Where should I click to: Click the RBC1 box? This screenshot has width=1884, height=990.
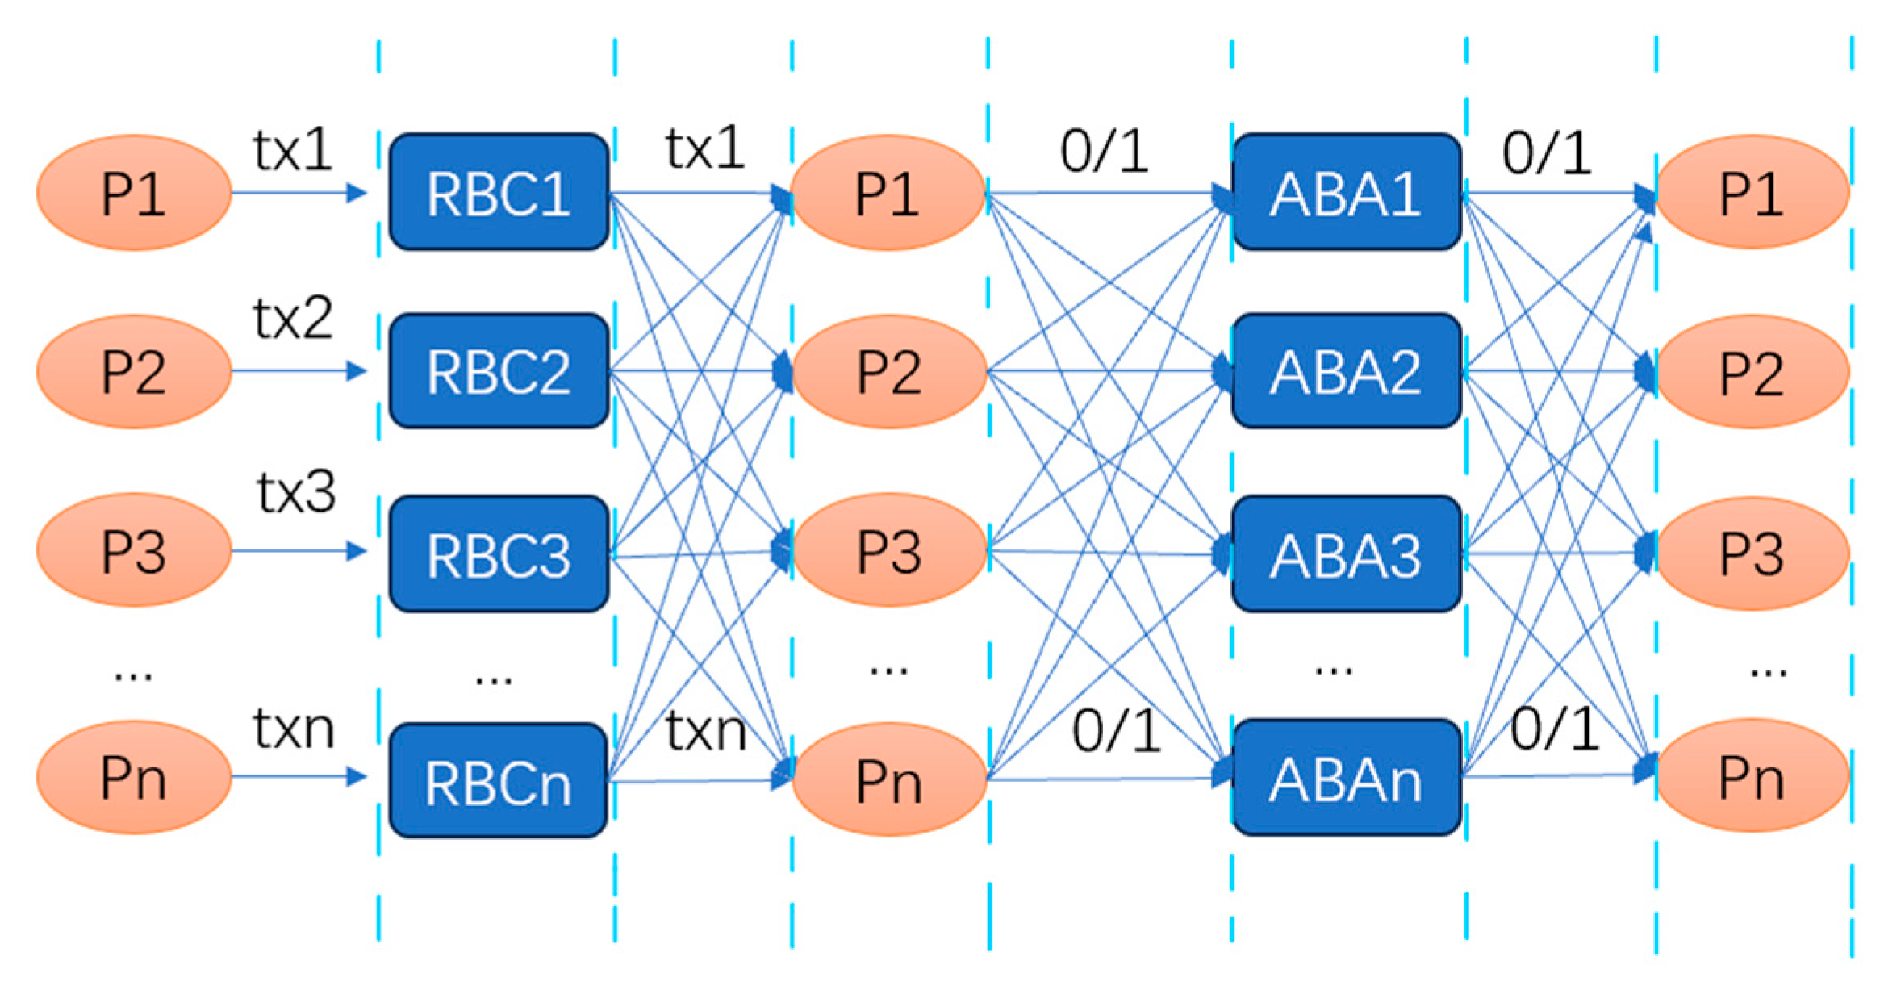pyautogui.click(x=499, y=192)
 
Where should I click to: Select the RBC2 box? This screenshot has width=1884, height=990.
pyautogui.click(x=499, y=371)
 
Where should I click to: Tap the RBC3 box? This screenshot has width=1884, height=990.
pyautogui.click(x=499, y=554)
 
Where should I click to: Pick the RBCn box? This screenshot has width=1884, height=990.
pyautogui.click(x=499, y=780)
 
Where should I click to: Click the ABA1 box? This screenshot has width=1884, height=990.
pyautogui.click(x=1346, y=192)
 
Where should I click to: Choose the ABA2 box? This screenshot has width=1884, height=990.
pyautogui.click(x=1346, y=371)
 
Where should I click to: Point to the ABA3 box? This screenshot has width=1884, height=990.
pyautogui.click(x=1346, y=554)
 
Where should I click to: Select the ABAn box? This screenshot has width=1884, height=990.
pyautogui.click(x=1346, y=778)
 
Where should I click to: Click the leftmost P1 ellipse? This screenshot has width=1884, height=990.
pyautogui.click(x=134, y=193)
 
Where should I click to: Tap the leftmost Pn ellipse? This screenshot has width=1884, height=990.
pyautogui.click(x=134, y=777)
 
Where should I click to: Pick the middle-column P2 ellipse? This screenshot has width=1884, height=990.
pyautogui.click(x=888, y=372)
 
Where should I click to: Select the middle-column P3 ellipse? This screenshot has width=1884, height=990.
pyautogui.click(x=888, y=551)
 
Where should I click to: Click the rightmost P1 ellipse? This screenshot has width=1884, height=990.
pyautogui.click(x=1752, y=192)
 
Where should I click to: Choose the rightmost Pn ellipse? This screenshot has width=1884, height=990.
pyautogui.click(x=1752, y=776)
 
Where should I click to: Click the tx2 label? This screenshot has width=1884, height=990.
pyautogui.click(x=292, y=318)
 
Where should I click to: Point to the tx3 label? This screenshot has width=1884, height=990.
pyautogui.click(x=296, y=491)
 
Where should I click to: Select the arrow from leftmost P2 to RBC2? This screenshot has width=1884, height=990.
pyautogui.click(x=299, y=371)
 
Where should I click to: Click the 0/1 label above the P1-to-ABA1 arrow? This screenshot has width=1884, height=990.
pyautogui.click(x=1104, y=152)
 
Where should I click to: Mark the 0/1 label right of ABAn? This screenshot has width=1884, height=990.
pyautogui.click(x=1554, y=729)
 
